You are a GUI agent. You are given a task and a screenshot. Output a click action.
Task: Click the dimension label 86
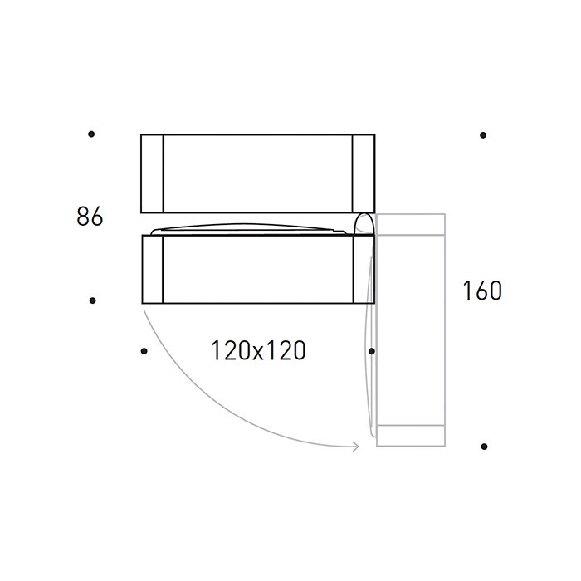point(90,217)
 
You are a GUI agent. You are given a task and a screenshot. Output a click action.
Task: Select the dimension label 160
point(482,290)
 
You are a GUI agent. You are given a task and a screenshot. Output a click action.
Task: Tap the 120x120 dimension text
point(258,350)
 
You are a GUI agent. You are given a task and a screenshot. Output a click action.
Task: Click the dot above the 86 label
point(91,134)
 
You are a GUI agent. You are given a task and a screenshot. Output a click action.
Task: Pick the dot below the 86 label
point(93,300)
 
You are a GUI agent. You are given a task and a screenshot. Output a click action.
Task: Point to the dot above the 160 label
point(483,135)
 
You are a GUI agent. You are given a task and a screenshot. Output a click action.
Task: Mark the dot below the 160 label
point(484,447)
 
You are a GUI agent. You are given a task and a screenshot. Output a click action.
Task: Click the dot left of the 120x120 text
point(144,351)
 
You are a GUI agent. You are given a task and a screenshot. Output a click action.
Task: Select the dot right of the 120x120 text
point(372,351)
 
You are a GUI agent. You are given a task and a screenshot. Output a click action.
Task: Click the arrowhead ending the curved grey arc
point(357,447)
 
